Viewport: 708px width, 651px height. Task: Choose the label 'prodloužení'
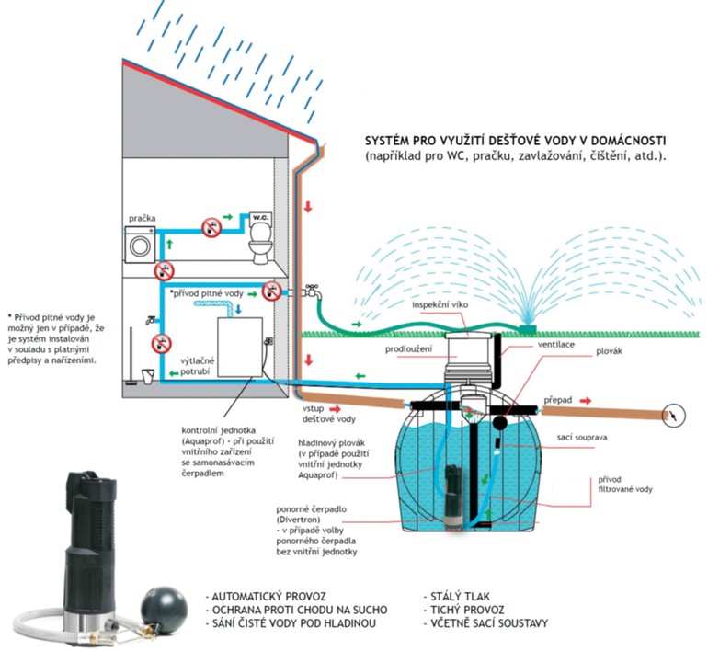(409, 349)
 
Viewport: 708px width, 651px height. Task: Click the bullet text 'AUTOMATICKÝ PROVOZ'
(268, 596)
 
